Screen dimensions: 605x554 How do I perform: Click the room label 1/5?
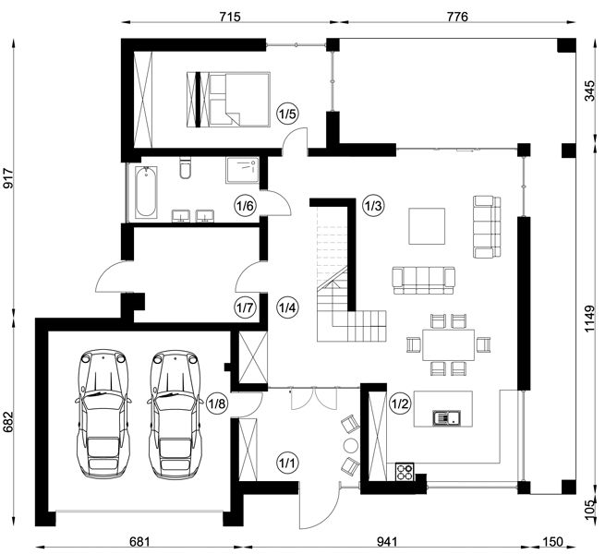288,114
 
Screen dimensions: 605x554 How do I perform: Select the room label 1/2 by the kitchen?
400,403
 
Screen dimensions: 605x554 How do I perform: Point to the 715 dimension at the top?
230,17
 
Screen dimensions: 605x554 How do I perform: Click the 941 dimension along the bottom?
387,542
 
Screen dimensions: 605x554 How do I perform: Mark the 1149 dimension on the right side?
589,319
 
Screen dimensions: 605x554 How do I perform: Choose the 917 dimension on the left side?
8,178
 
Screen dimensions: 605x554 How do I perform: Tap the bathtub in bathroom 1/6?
146,192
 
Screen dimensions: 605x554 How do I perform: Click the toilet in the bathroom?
186,167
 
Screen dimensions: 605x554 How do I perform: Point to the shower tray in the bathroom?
242,170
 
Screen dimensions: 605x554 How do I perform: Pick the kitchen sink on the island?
446,417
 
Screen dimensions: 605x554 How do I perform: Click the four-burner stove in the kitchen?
405,472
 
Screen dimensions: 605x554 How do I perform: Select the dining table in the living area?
448,344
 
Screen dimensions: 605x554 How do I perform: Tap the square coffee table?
427,226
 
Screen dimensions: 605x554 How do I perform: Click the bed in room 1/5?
228,100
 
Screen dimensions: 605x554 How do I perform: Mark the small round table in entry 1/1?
351,445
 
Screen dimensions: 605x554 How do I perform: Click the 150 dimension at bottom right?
552,542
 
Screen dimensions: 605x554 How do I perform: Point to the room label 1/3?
373,206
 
